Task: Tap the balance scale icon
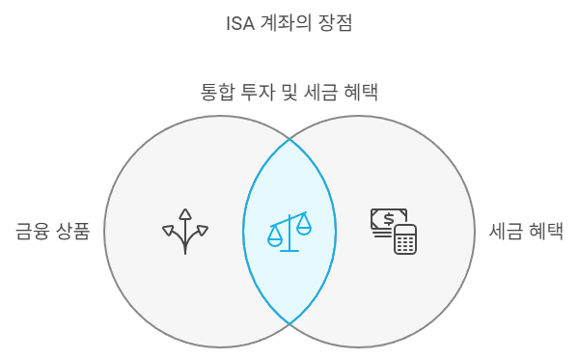[290, 231]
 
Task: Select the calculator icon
[405, 239]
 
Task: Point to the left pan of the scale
[276, 233]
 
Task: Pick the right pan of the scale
[304, 227]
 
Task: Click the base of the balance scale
[290, 249]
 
